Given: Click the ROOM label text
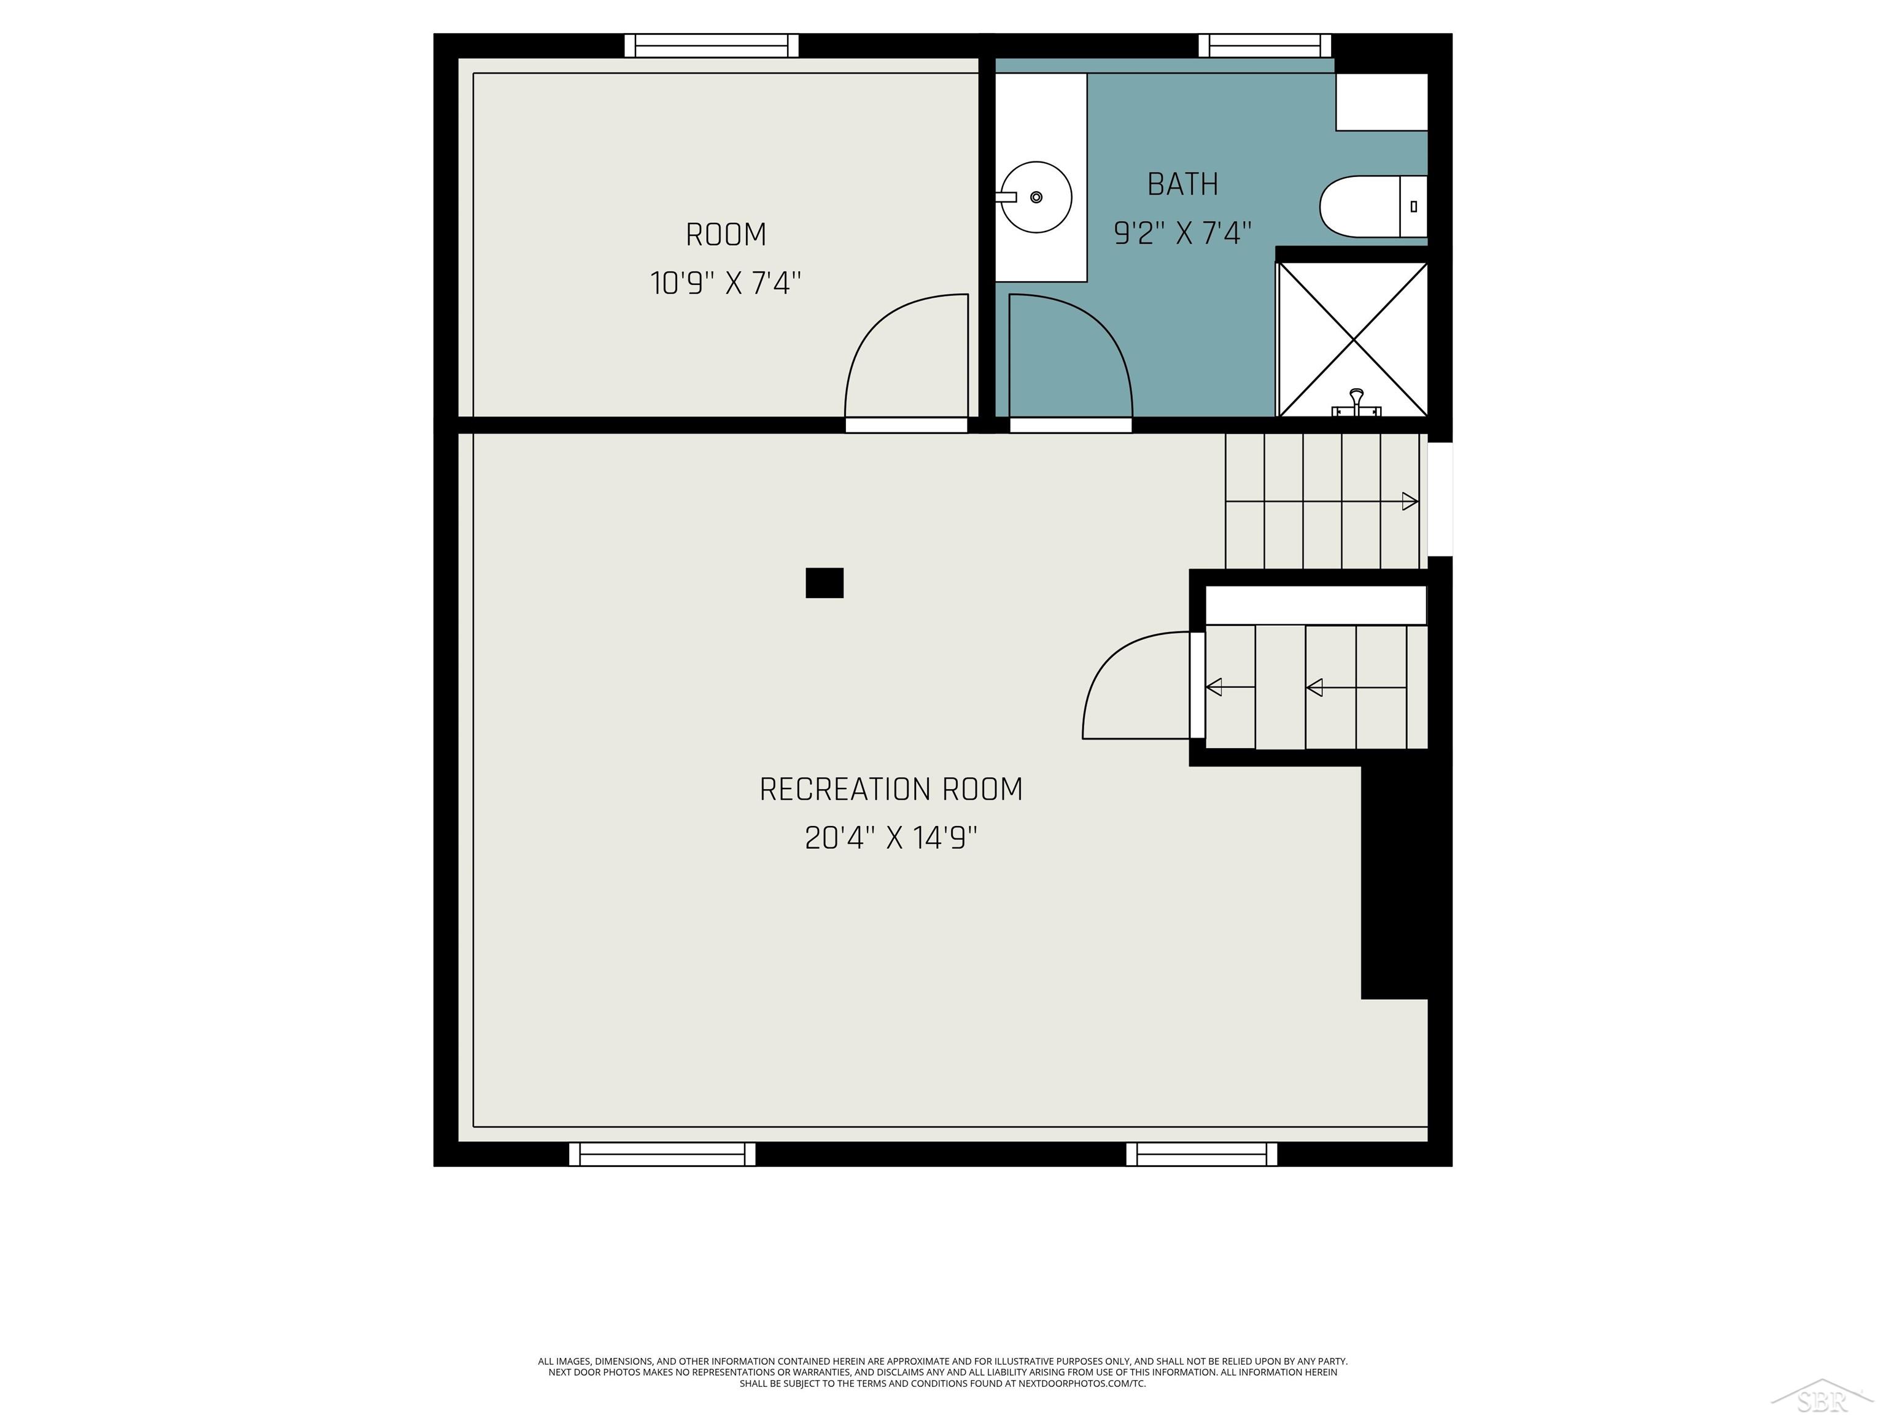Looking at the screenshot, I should click(726, 235).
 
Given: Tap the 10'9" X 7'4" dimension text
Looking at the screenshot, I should click(726, 283).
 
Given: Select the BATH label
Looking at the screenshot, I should click(1182, 184).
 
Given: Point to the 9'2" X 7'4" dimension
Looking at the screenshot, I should click(1182, 232).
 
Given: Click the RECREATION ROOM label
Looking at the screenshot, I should click(891, 790).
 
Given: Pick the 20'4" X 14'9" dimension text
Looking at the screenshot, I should click(891, 838).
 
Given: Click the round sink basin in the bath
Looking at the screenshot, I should click(1036, 197).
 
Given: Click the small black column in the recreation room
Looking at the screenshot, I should click(825, 583).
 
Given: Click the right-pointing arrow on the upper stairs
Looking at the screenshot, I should click(1410, 502).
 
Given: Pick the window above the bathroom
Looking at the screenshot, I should click(1265, 45).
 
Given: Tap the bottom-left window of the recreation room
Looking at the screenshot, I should click(662, 1154).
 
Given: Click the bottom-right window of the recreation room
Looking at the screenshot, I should click(1201, 1154).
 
